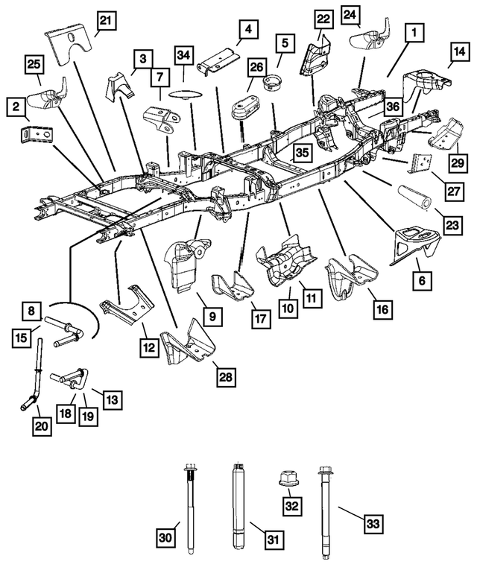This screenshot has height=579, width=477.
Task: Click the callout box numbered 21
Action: click(x=107, y=21)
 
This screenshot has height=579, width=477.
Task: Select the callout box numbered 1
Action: click(x=411, y=32)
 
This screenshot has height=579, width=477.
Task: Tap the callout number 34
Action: click(x=183, y=56)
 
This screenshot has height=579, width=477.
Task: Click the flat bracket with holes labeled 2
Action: click(x=35, y=136)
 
